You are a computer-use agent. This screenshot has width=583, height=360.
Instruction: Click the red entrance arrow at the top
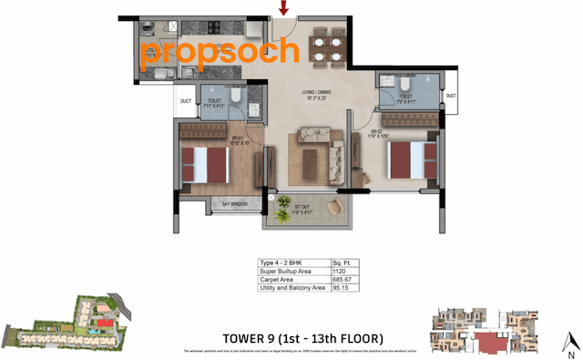[284, 10]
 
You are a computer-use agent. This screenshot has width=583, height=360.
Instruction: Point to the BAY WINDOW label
[234, 203]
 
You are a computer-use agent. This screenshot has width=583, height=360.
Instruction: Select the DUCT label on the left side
[186, 101]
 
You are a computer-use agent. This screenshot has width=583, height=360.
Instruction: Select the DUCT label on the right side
[450, 96]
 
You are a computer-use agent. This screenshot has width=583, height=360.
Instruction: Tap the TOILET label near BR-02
[405, 97]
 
